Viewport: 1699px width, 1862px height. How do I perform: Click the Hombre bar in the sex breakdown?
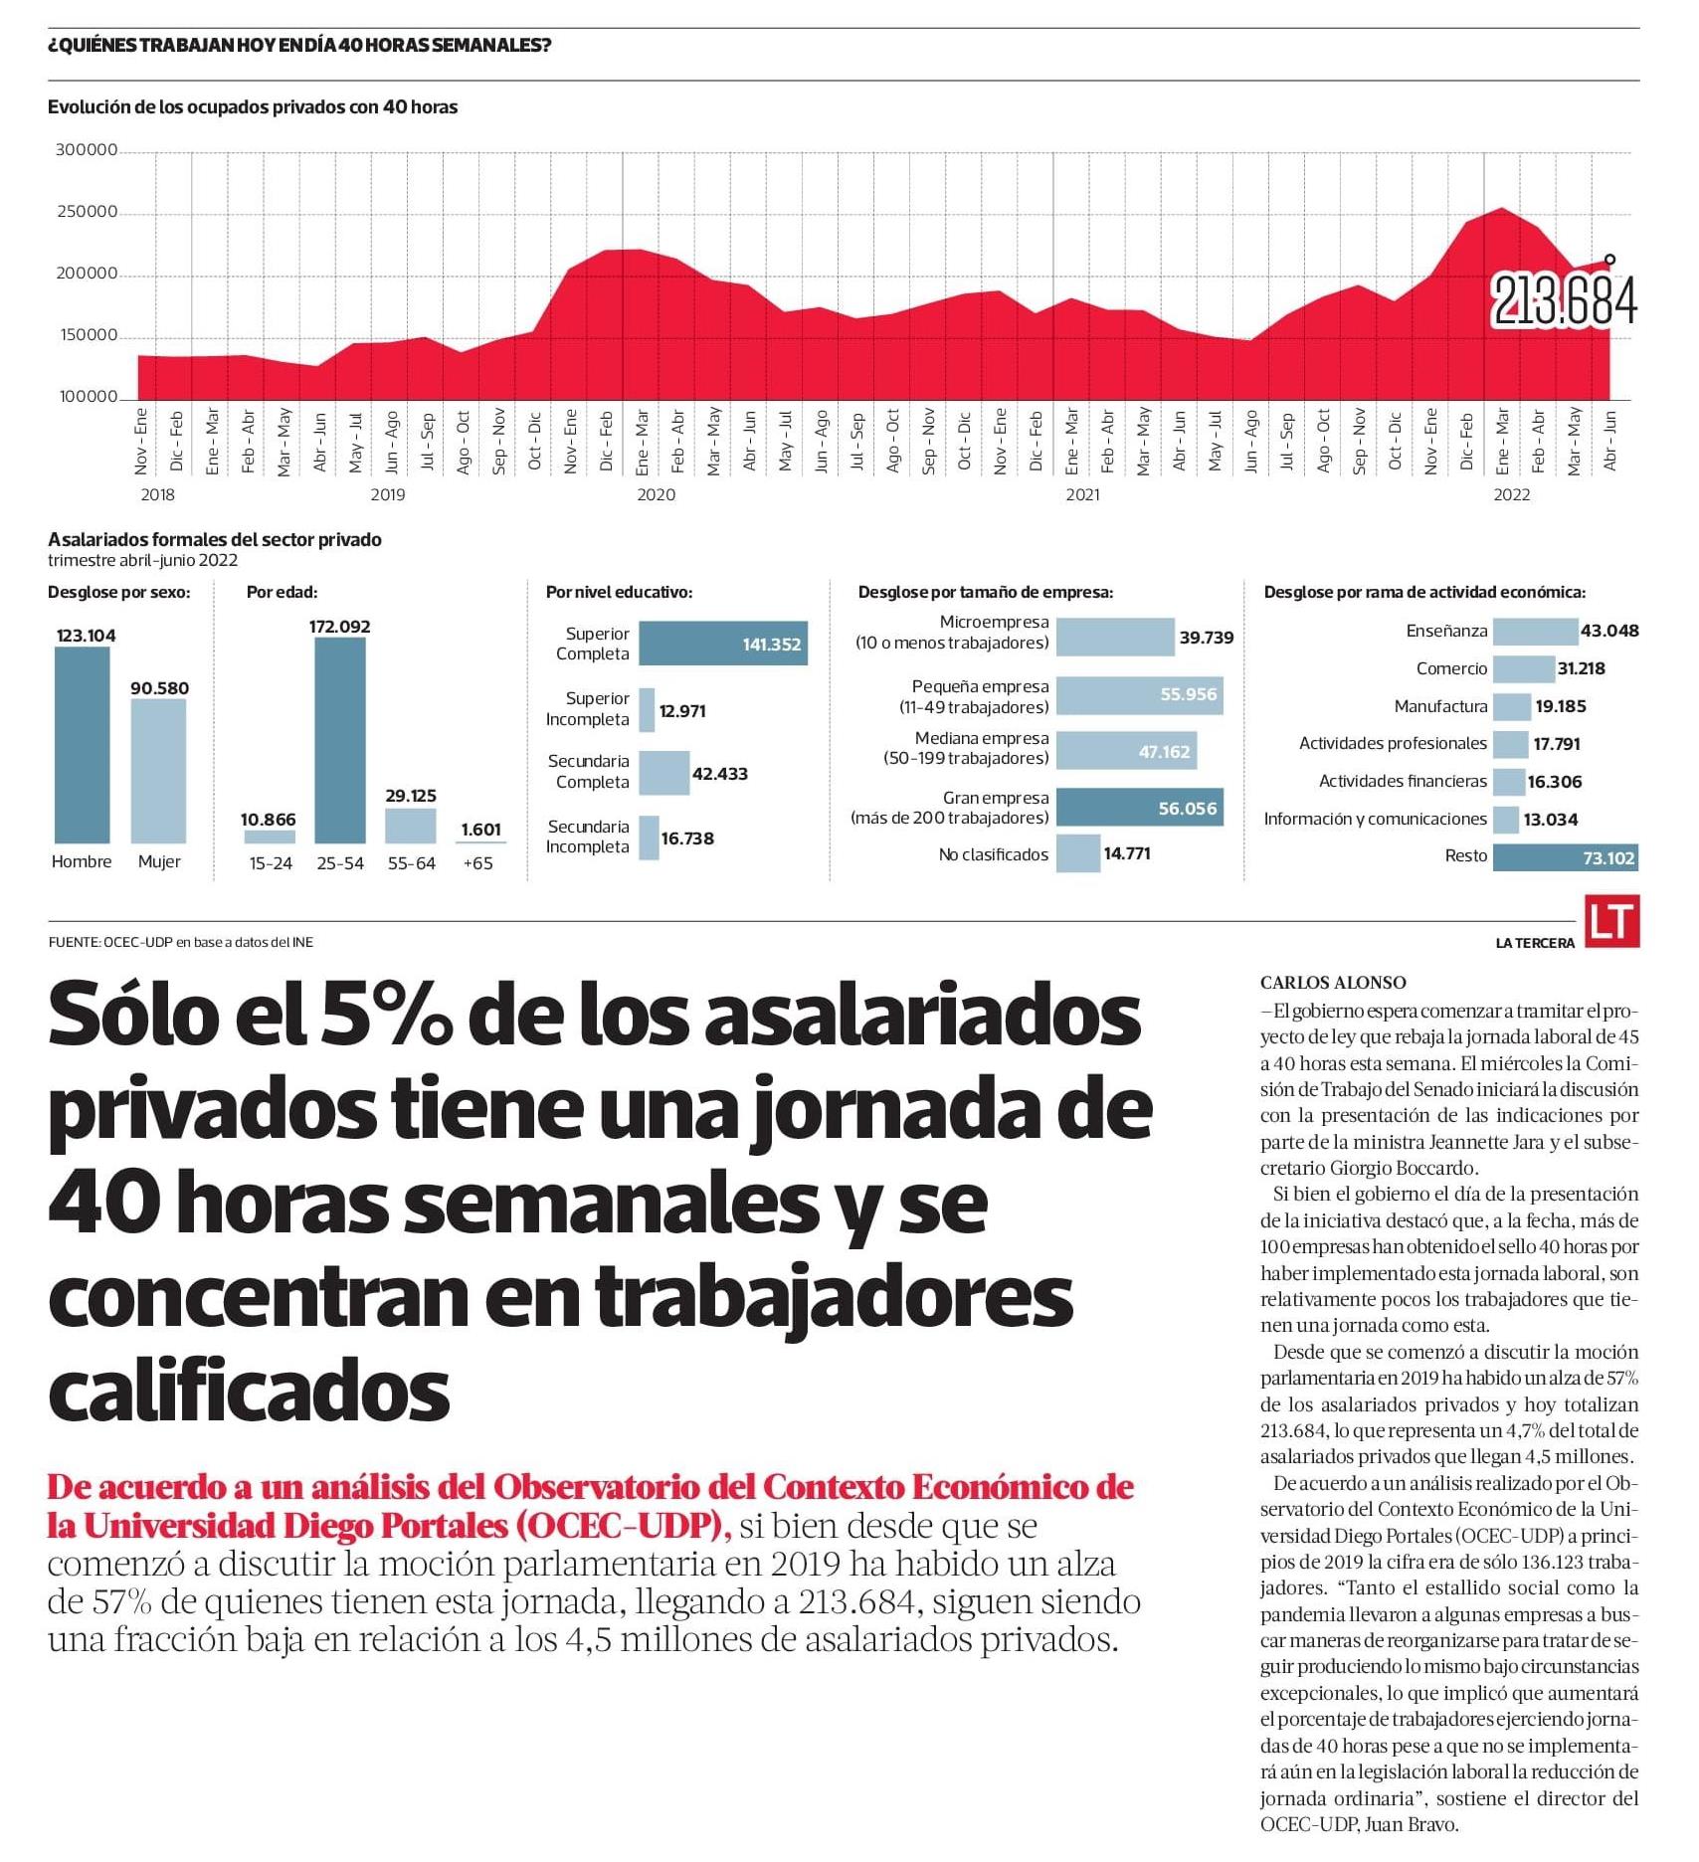(82, 745)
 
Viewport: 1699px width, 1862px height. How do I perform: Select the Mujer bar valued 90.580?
(158, 771)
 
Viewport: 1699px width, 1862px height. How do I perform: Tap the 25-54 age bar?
(340, 740)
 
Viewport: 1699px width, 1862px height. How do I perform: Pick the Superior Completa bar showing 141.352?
(722, 644)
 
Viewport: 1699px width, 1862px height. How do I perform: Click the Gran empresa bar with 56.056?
(1139, 808)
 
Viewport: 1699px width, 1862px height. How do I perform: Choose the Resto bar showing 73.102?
(1565, 857)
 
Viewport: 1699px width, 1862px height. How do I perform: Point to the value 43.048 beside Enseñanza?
(1609, 631)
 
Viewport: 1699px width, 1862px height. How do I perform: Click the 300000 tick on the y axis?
(87, 150)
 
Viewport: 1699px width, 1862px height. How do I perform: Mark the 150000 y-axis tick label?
(89, 335)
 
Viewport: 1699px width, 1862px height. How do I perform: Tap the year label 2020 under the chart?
(656, 494)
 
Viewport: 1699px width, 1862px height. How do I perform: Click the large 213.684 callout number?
(1564, 301)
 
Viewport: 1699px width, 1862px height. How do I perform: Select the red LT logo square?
(1611, 921)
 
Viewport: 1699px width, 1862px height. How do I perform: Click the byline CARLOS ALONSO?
(1333, 983)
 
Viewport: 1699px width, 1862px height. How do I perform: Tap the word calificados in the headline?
(249, 1391)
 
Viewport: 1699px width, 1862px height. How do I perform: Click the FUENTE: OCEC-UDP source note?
(180, 942)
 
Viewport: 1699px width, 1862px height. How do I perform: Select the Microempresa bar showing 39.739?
(1114, 637)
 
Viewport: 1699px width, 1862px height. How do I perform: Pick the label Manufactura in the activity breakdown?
(1440, 706)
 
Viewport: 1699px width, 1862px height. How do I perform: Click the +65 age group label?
(478, 863)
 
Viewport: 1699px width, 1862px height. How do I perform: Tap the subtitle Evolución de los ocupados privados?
(253, 106)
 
